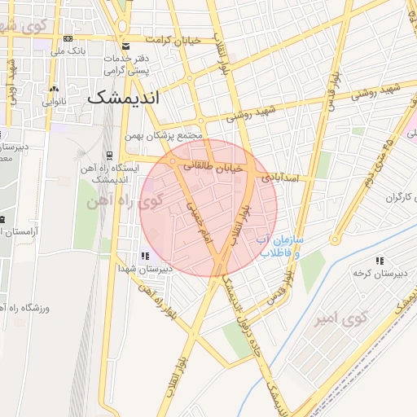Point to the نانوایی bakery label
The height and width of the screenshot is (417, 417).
click(x=55, y=103)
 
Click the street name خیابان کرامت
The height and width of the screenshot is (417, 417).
click(x=173, y=40)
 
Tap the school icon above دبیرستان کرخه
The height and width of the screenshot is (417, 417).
click(x=380, y=261)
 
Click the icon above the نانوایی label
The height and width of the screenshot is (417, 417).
click(x=55, y=90)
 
